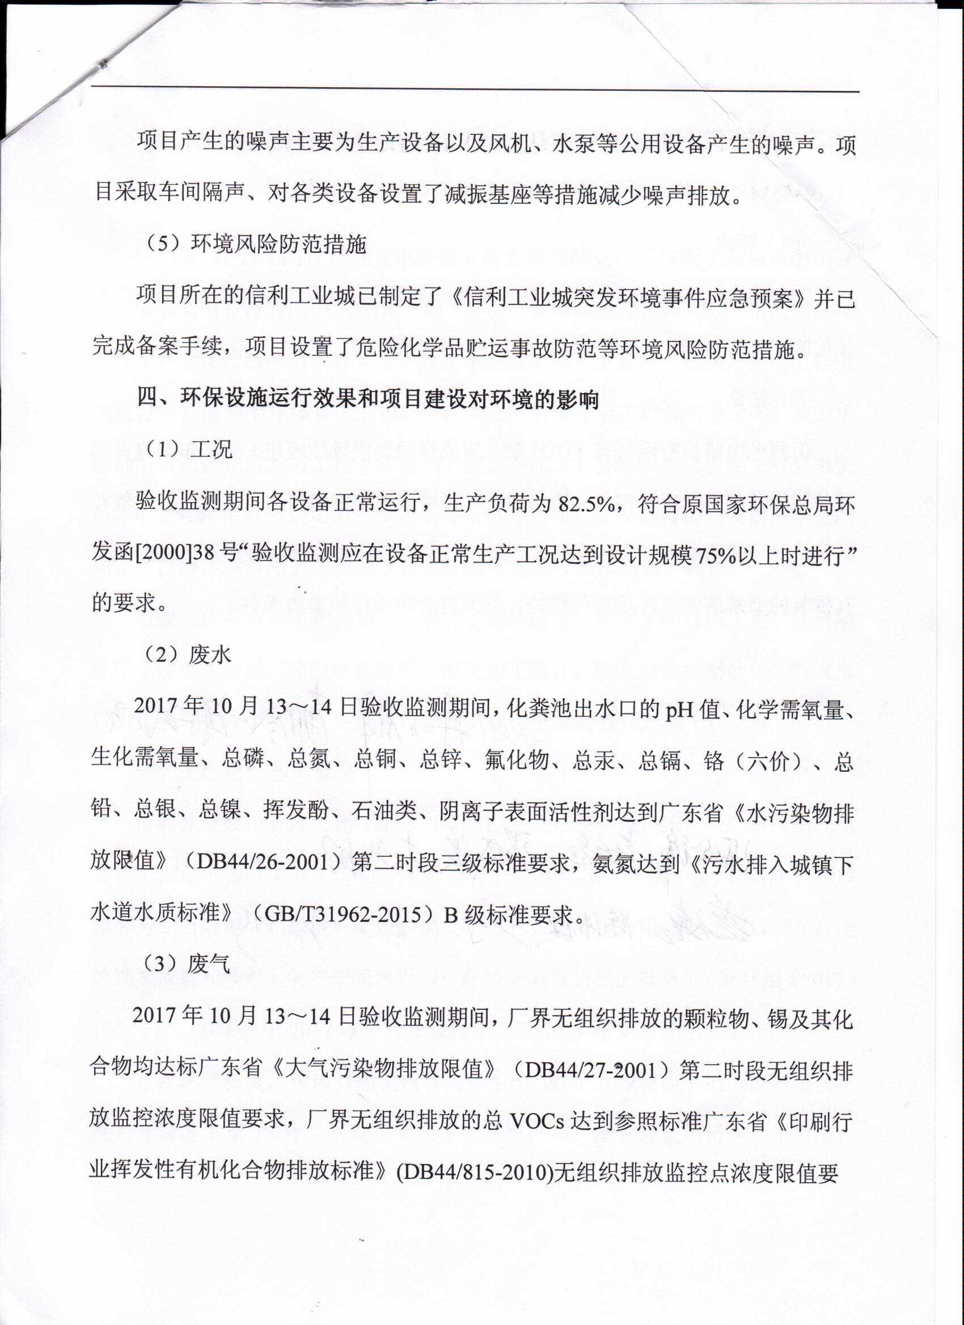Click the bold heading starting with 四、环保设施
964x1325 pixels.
[x=367, y=400]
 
